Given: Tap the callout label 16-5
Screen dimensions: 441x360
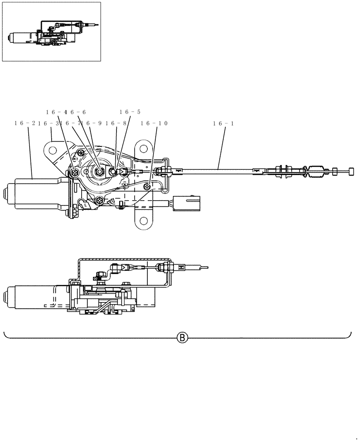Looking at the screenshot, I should pos(130,112).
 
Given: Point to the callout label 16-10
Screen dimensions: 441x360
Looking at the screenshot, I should pos(154,123).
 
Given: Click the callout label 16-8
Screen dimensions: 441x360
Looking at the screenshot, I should pos(116,123).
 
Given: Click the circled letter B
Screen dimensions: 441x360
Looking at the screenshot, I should pos(182,338).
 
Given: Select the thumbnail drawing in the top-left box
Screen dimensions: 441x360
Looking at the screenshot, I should pos(52,32).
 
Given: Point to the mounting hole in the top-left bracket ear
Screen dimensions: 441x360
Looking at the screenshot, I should pos(52,150).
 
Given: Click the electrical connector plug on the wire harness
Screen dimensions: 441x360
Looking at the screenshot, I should pos(186,204).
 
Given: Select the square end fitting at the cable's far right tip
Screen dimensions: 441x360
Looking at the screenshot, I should pos(352,171).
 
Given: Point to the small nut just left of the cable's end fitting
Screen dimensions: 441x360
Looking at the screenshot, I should pos(335,171).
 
